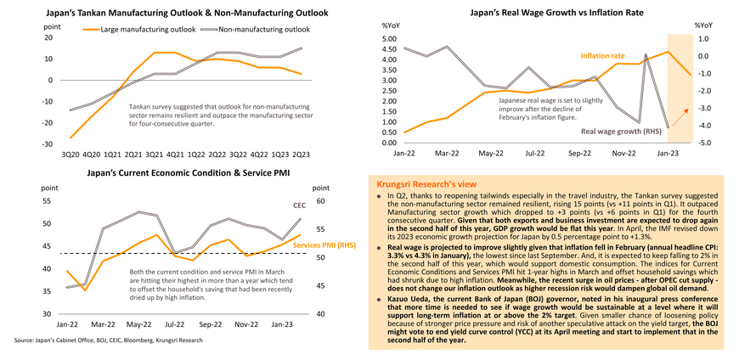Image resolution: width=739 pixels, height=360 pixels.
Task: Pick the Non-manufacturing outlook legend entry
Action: point(263,30)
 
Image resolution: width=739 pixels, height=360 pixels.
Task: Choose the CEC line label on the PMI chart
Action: point(299,205)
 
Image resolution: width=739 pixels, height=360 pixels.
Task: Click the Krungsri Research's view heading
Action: point(433,183)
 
